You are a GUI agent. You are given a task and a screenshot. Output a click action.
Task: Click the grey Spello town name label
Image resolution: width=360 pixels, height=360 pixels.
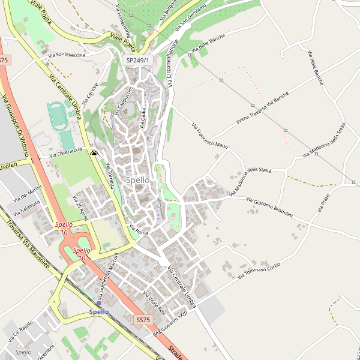[x=138, y=180]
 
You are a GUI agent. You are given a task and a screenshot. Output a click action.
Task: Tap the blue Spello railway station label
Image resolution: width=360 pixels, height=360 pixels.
[x=99, y=312]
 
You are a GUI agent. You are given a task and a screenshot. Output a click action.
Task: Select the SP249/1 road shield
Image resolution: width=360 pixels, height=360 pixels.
[x=138, y=61]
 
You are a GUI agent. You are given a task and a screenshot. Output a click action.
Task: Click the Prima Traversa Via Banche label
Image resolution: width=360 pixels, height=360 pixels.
[x=262, y=109]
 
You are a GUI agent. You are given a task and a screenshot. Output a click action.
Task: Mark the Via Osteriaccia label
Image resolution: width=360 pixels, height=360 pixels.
[x=70, y=154]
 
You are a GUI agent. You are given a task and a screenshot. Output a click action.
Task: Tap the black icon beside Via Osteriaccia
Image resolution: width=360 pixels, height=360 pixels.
[x=94, y=154]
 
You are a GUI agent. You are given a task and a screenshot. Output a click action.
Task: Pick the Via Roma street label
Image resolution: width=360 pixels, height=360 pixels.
[x=138, y=229]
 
